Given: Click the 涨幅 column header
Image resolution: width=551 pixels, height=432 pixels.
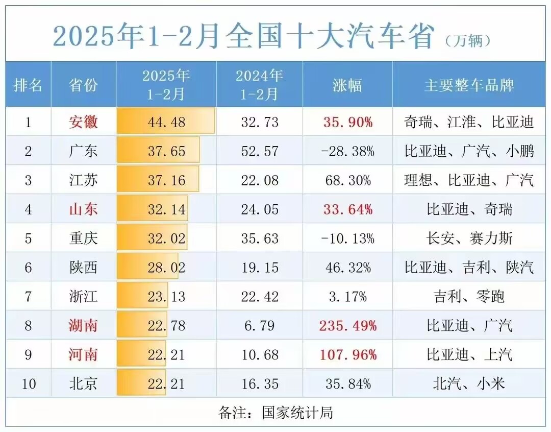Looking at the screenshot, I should [x=347, y=85].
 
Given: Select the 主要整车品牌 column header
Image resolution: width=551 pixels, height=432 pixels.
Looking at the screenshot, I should [x=469, y=85].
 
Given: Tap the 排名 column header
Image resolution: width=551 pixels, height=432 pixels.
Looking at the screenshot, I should [x=28, y=85].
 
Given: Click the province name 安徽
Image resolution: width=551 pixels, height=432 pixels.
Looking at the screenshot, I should [x=83, y=122].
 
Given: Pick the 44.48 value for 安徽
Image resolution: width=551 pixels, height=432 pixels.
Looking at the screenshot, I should [x=166, y=122].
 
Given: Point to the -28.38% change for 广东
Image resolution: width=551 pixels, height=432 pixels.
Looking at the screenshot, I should [x=347, y=151].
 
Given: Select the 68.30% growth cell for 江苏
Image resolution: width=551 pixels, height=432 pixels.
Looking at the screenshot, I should [x=347, y=180].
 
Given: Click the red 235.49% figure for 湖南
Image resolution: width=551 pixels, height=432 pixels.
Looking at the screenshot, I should [x=347, y=325].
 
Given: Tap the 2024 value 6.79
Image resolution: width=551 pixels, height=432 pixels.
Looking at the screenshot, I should [x=259, y=325].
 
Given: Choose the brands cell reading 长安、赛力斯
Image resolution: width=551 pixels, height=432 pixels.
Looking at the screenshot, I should [x=469, y=238].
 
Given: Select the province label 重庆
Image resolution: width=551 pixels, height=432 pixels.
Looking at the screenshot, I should [x=83, y=238].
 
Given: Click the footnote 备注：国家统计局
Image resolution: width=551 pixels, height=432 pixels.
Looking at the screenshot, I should [x=275, y=412].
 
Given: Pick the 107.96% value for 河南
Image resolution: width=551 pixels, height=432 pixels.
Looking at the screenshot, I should [x=347, y=354].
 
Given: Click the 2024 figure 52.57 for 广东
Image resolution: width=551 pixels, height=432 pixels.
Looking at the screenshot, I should [x=259, y=151].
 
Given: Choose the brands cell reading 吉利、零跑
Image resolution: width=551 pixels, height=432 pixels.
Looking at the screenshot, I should [x=469, y=296].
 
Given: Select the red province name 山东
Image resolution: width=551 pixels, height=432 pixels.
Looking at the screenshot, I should [x=83, y=209].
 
